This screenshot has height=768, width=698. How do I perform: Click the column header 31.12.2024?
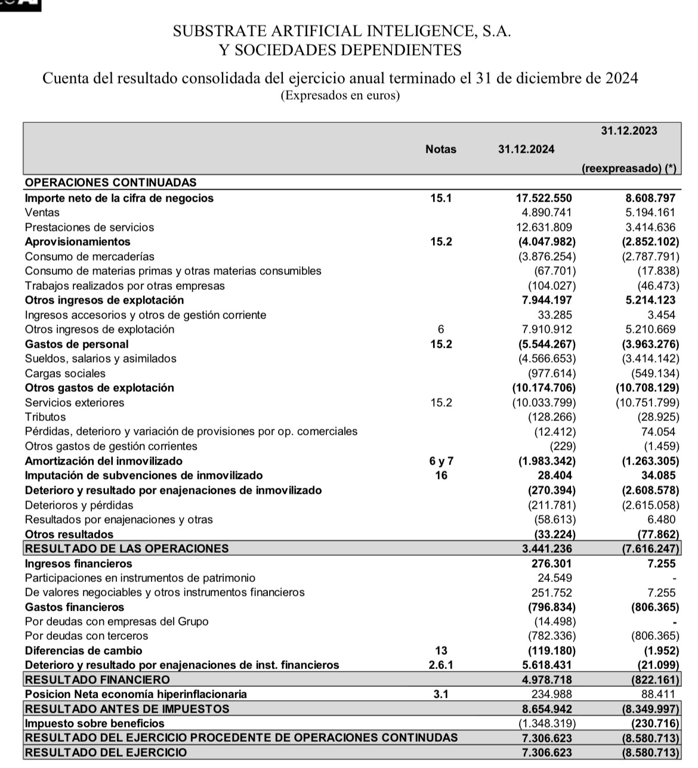526,150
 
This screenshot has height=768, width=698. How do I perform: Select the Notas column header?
441,150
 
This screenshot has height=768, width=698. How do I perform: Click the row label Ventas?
42,212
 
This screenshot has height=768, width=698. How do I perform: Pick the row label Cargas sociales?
65,373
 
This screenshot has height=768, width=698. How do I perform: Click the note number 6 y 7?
441,461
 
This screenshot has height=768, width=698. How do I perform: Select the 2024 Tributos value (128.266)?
552,417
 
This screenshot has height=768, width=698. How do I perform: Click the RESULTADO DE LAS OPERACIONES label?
127,549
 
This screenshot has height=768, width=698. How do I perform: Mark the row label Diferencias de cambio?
84,651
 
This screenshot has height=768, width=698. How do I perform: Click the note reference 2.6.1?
441,665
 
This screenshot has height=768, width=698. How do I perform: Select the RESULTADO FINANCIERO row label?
98,680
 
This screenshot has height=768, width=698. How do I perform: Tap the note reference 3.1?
441,694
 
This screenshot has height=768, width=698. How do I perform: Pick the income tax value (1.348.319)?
546,723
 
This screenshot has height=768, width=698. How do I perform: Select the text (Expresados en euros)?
340,95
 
